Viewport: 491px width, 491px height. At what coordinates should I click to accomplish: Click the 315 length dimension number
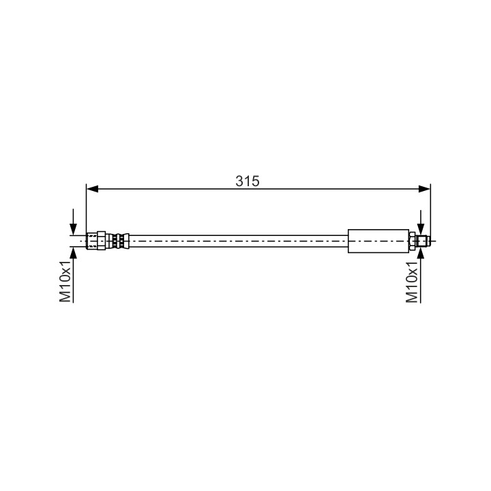(248, 181)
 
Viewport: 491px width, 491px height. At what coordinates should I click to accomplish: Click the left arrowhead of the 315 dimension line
(92, 189)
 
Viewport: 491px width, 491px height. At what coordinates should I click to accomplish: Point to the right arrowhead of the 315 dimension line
(424, 189)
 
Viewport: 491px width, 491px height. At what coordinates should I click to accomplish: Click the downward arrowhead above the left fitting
(73, 229)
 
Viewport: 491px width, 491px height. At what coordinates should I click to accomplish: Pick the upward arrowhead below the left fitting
(73, 253)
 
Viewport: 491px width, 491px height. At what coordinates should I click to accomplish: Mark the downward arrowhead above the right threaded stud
(421, 229)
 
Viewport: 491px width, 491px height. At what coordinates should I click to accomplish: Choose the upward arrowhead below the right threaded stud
(421, 253)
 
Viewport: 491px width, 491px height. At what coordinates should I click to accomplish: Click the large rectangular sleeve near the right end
(378, 241)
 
